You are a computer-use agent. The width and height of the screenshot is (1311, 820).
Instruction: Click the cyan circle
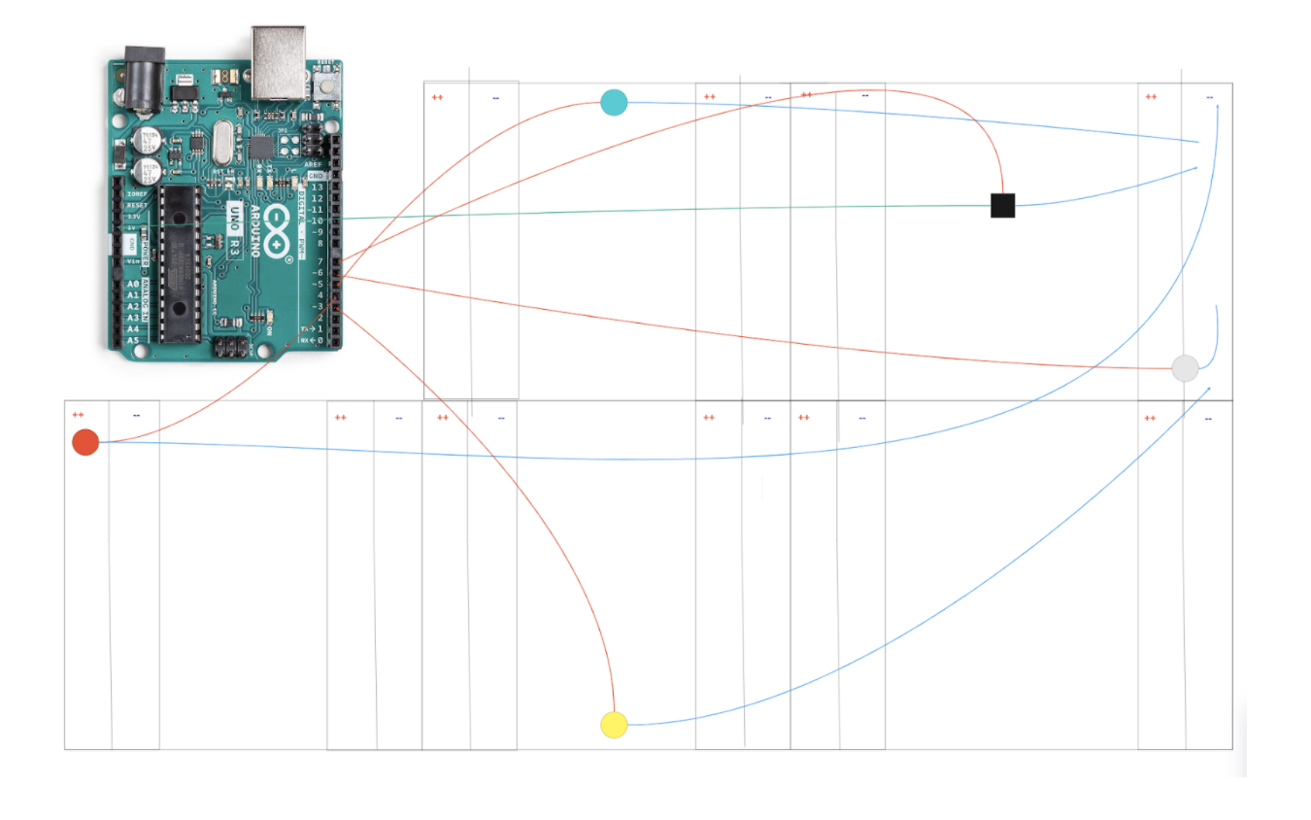[x=614, y=102]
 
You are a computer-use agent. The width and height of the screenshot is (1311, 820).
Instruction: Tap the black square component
[x=1002, y=205]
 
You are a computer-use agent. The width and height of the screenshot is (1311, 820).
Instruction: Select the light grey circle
[x=1185, y=368]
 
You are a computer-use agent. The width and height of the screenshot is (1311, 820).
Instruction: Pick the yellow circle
[x=614, y=725]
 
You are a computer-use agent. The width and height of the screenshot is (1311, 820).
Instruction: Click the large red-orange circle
[x=85, y=442]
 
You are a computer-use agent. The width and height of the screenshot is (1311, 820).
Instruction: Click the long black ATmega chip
[x=180, y=262]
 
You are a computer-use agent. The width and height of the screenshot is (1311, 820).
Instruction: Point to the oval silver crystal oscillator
[x=221, y=143]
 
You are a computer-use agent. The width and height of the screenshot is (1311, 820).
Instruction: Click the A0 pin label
[x=132, y=284]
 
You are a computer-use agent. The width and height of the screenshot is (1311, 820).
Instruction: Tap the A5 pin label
[x=132, y=341]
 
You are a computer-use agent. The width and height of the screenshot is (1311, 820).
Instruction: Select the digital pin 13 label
[x=317, y=187]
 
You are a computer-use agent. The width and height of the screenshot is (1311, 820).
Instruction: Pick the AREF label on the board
[x=314, y=165]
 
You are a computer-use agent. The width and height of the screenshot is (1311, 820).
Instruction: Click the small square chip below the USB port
[x=261, y=148]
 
